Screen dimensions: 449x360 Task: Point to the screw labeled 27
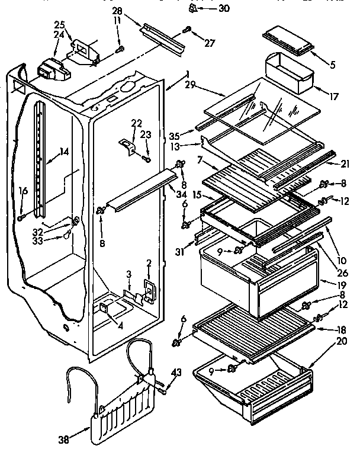tap(187, 28)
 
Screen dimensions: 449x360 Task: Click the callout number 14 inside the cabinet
tap(64, 151)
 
